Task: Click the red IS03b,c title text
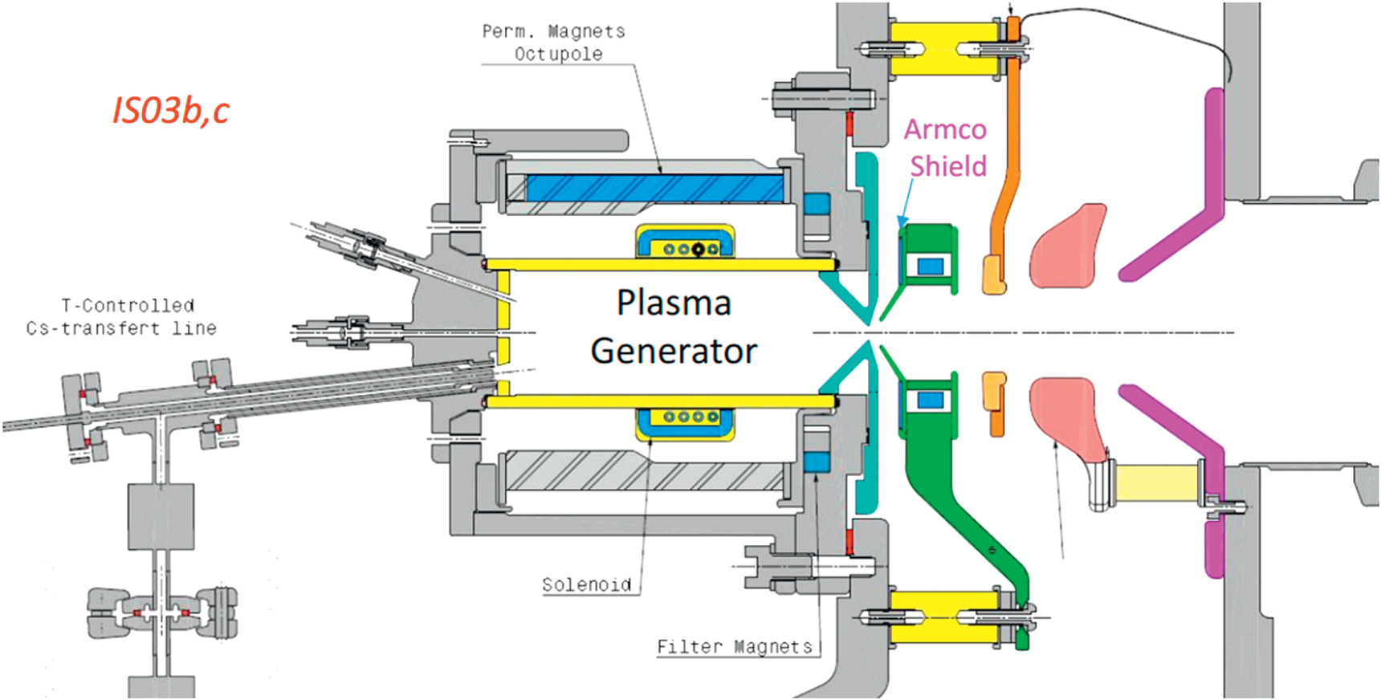coord(170,110)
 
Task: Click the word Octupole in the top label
coord(558,55)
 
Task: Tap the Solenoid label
coord(586,584)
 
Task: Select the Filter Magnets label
coord(734,646)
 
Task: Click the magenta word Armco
coord(945,130)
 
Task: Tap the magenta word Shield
coord(947,166)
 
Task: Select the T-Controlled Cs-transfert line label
coord(121,317)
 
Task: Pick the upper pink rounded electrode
coord(1068,245)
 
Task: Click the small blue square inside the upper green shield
coord(930,266)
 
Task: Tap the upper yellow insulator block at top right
coord(943,48)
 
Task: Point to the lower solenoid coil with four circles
coord(685,423)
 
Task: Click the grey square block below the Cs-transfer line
coord(161,516)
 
